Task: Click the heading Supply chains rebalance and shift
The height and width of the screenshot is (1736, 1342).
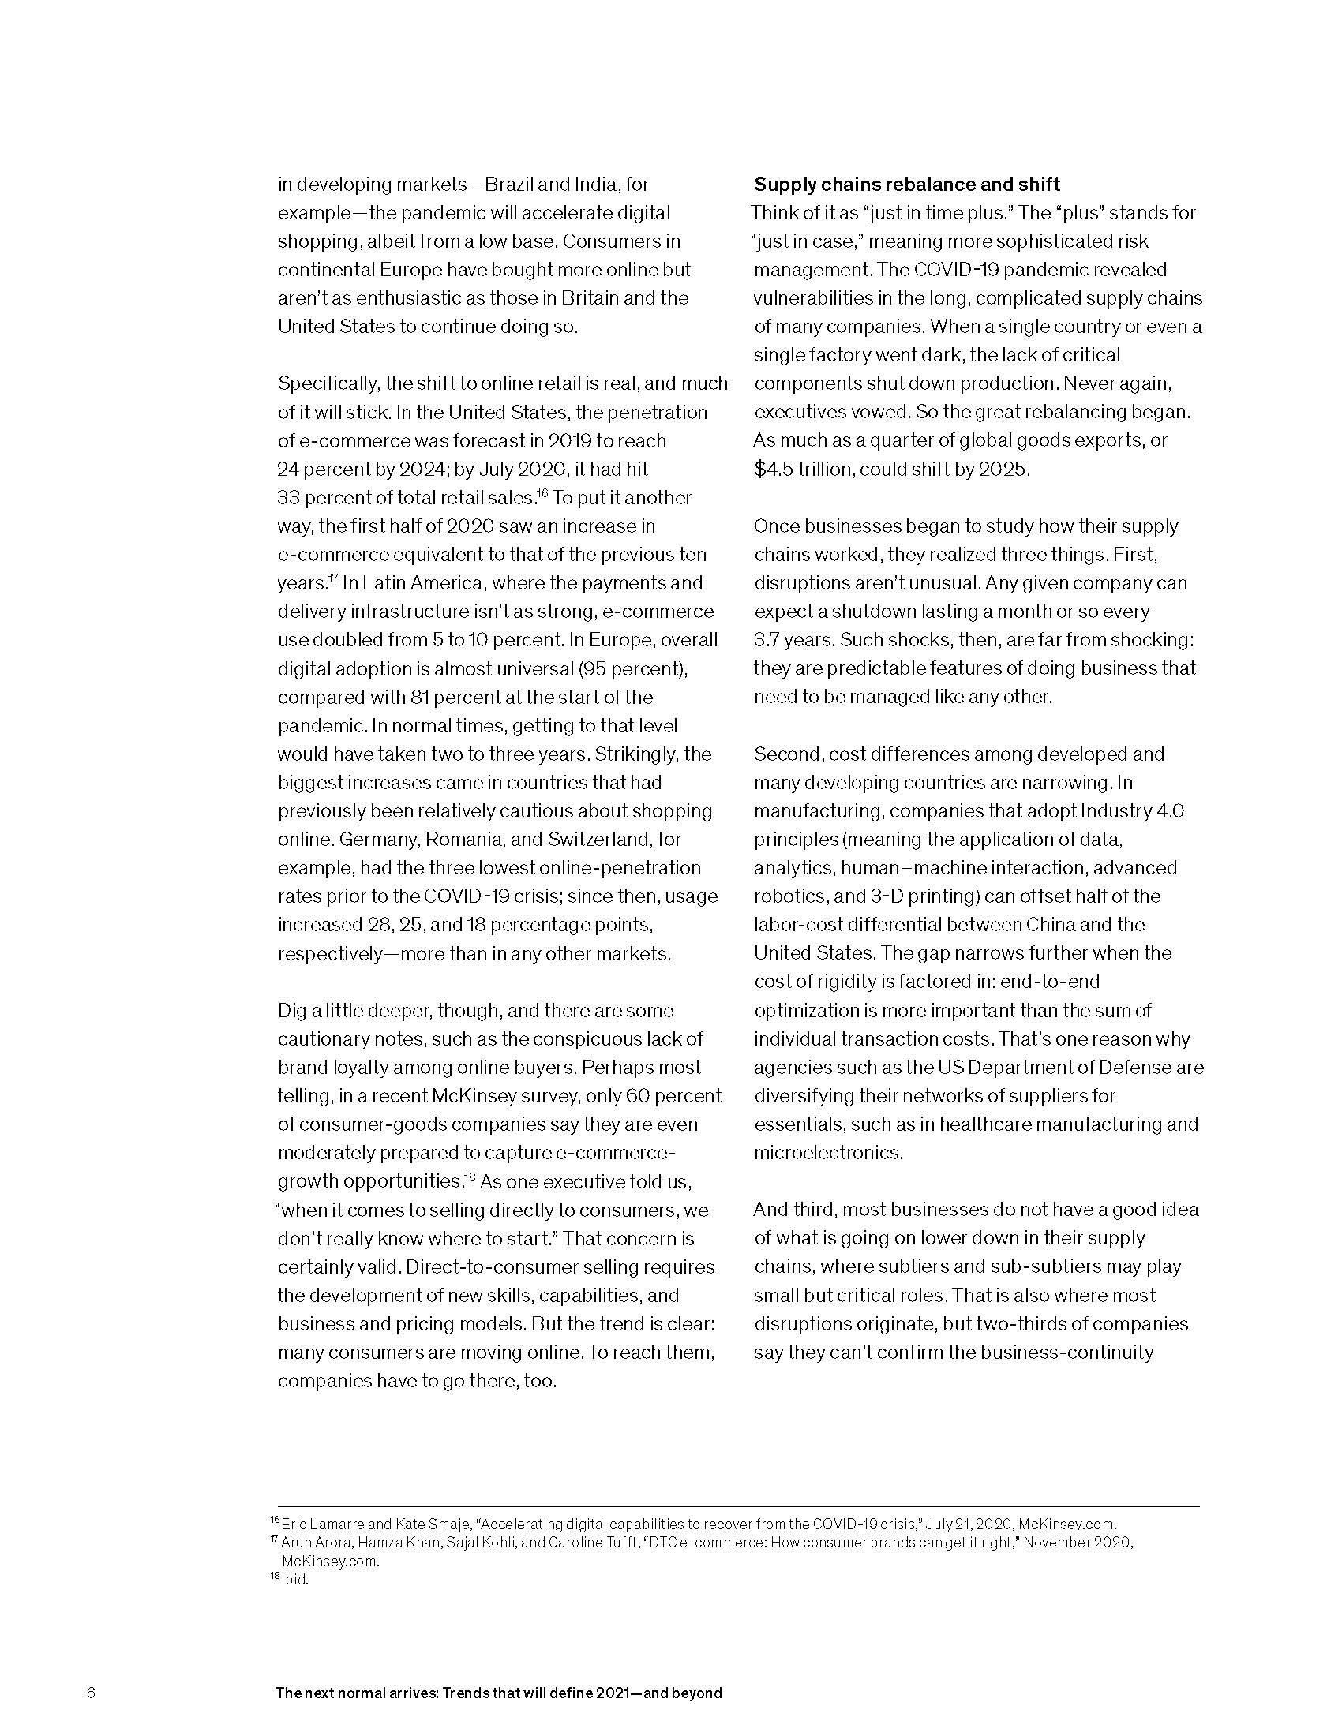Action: click(906, 185)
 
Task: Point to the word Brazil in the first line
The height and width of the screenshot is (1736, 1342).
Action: click(510, 185)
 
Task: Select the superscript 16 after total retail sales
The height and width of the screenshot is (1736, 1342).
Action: click(543, 493)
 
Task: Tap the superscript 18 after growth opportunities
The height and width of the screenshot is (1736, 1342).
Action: click(470, 1177)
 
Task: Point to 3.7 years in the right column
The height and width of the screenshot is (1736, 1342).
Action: click(792, 640)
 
